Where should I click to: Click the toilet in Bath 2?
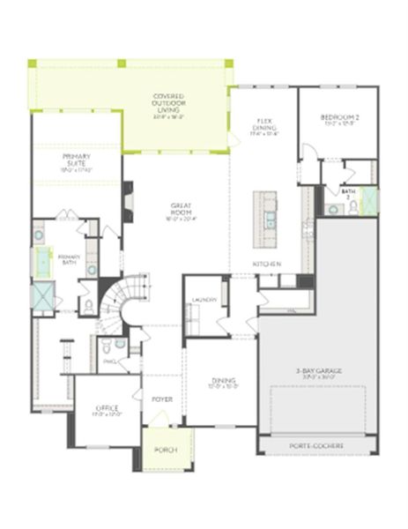(x=352, y=206)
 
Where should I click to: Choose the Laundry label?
(x=198, y=300)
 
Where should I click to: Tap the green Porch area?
(x=165, y=450)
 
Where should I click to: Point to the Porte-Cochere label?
(x=318, y=446)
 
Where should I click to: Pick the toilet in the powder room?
(x=105, y=345)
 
